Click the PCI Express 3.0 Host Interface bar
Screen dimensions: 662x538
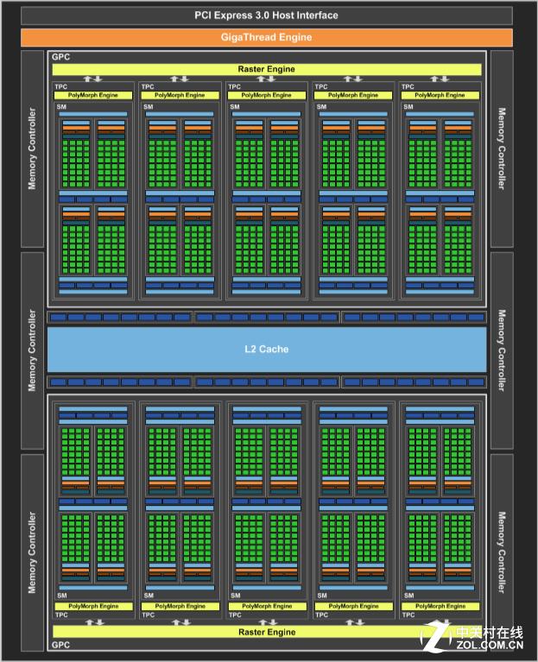coord(265,16)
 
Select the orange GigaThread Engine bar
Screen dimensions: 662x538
coord(265,37)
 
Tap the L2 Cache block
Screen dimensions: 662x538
coord(266,350)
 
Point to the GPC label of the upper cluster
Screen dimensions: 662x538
coord(60,57)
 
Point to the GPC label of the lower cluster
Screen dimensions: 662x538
coord(60,644)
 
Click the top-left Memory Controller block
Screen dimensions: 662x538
coord(33,148)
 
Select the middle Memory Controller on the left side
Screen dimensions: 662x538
coord(33,350)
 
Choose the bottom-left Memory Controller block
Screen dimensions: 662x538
coord(33,552)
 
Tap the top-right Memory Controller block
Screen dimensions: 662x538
coord(501,148)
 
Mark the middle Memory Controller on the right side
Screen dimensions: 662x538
coord(501,350)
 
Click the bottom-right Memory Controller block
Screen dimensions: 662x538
coord(501,552)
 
